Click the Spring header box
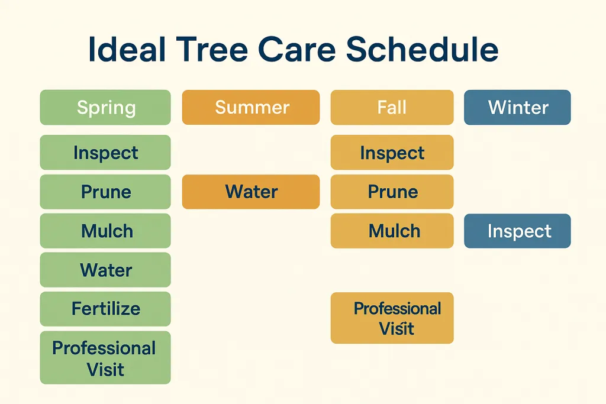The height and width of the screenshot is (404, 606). click(105, 108)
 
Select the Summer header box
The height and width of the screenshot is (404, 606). click(251, 108)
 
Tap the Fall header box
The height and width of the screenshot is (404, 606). click(392, 108)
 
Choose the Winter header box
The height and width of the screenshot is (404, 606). click(517, 108)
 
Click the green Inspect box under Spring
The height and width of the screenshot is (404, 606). click(105, 153)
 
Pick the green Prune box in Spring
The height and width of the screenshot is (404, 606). click(105, 192)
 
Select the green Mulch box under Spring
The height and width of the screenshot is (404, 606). click(105, 231)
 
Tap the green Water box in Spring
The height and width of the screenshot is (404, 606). click(105, 270)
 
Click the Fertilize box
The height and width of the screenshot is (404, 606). click(105, 309)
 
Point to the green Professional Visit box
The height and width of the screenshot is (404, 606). click(105, 358)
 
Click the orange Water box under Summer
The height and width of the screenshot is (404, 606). click(251, 192)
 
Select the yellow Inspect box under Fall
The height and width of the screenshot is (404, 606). click(392, 153)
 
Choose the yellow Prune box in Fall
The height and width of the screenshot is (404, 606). click(392, 192)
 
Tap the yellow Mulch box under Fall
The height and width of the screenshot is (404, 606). click(392, 231)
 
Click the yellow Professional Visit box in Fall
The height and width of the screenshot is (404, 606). click(392, 318)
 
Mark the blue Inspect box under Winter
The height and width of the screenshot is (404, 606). click(517, 231)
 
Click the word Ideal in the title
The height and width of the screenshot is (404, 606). click(124, 50)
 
